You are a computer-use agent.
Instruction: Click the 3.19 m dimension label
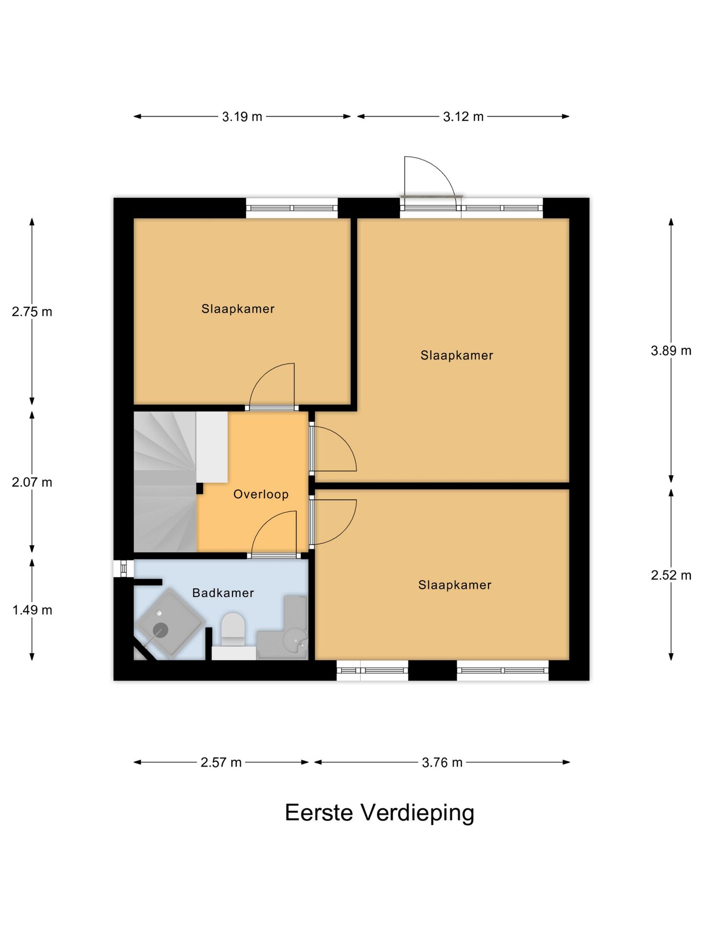pos(242,117)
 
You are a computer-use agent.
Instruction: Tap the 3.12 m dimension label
pos(463,117)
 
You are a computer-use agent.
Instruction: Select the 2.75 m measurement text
pos(32,312)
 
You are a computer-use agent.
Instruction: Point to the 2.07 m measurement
pos(32,482)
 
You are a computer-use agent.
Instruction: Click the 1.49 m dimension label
pos(32,610)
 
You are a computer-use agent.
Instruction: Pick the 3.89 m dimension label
pos(671,350)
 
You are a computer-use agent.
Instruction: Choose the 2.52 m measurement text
pos(671,575)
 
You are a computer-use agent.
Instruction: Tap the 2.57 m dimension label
pos(221,762)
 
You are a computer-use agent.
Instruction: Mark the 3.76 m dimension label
pos(442,762)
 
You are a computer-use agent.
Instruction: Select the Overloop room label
pos(261,494)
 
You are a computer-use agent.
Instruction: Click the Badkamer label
pos(223,593)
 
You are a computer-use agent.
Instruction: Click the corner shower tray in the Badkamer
pos(169,624)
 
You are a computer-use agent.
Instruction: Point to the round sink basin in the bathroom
pos(296,639)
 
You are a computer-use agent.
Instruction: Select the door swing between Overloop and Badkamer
pos(273,533)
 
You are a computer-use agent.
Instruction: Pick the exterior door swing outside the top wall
pos(430,176)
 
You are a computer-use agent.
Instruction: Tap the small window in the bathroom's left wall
pos(124,569)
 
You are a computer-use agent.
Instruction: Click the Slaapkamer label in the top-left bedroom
pos(238,309)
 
